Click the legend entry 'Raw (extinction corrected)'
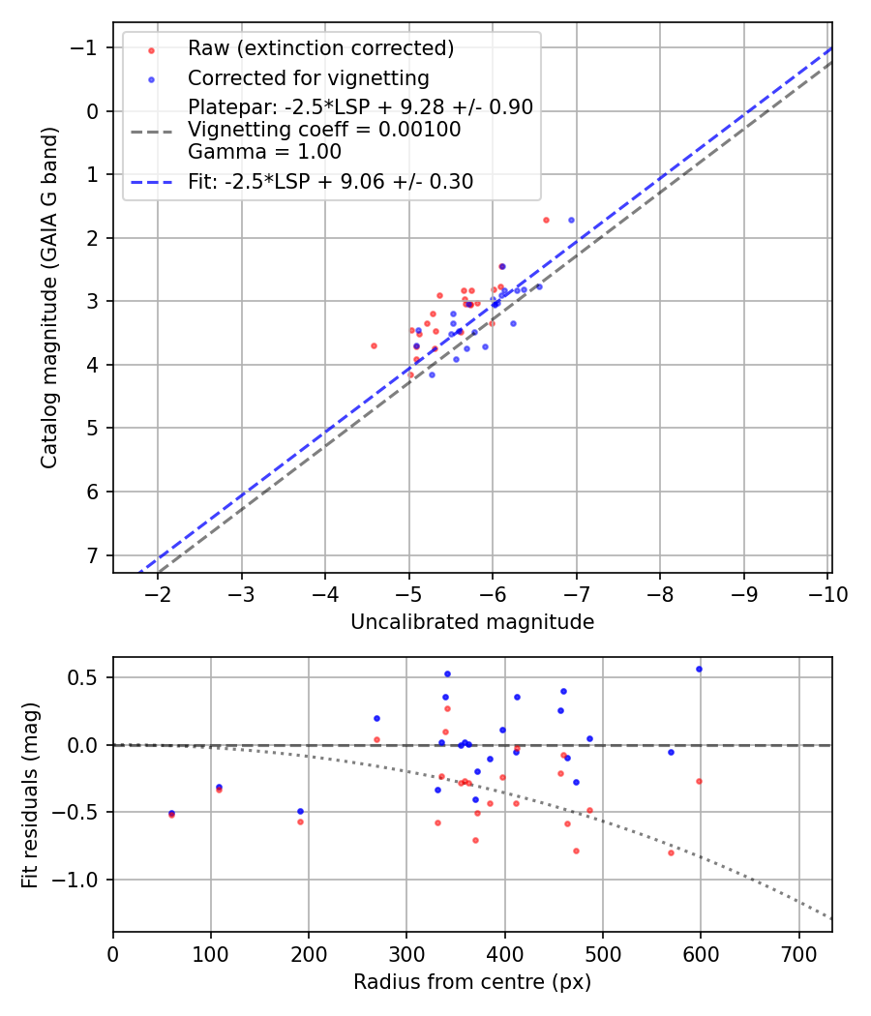coord(320,48)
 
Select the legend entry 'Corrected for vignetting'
coord(308,77)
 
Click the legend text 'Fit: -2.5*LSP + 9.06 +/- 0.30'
coord(330,181)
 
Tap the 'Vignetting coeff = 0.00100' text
coord(324,130)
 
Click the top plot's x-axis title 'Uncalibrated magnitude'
coord(472,622)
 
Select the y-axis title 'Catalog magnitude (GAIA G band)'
coord(50,298)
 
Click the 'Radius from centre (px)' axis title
coord(472,982)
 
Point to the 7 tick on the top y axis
coord(94,555)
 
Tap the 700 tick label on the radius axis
coord(798,954)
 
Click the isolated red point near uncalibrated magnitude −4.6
coord(374,345)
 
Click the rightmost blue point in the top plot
coord(571,220)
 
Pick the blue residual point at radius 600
coord(699,669)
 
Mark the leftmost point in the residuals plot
coord(171,814)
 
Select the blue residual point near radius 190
coord(300,811)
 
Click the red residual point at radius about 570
coord(671,852)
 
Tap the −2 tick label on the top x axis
coord(158,594)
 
